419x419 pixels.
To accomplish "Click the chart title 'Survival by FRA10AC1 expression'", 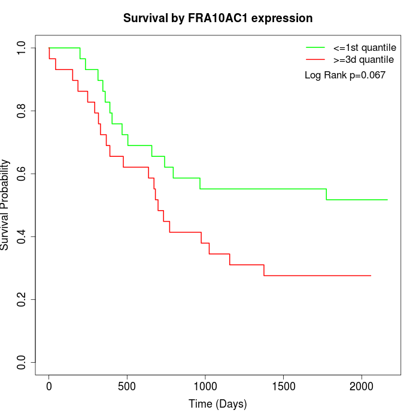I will [218, 18].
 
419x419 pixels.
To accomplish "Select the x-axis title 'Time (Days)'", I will [218, 404].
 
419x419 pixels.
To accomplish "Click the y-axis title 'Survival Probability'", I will [5, 205].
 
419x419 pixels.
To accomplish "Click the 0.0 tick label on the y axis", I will [22, 363].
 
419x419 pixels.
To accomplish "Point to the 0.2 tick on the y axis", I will [22, 300].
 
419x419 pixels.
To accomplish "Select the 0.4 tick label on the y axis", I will [22, 237].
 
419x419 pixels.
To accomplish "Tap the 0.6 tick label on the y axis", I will [22, 174].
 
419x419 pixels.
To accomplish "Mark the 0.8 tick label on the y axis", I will [22, 111].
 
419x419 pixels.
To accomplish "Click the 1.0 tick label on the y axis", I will [22, 48].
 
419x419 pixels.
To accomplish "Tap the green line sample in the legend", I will [315, 47].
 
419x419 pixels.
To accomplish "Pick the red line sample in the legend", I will [315, 59].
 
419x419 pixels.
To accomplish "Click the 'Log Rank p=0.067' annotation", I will [345, 75].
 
